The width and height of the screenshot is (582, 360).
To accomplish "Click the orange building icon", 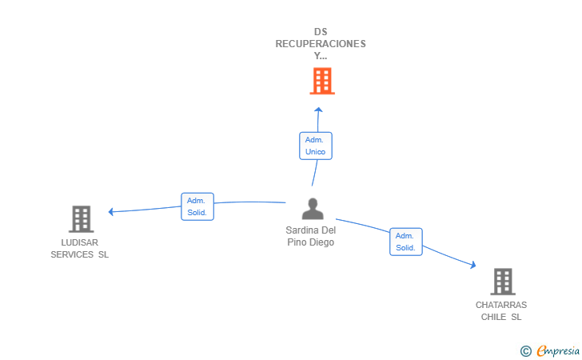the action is pyautogui.click(x=322, y=81).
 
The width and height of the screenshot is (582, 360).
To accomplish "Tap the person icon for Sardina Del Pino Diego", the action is pyautogui.click(x=313, y=209).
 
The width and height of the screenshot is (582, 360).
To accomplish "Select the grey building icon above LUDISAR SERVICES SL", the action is pyautogui.click(x=82, y=219).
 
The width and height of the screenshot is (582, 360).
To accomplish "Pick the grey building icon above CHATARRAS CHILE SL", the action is pyautogui.click(x=503, y=282).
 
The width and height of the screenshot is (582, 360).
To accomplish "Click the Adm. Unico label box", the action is pyautogui.click(x=316, y=146).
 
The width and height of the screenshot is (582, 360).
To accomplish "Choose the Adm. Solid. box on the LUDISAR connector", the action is pyautogui.click(x=197, y=206).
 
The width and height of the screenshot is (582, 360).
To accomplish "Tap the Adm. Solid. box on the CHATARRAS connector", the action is pyautogui.click(x=406, y=242).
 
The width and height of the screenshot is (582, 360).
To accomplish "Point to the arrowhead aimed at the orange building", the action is pyautogui.click(x=318, y=110).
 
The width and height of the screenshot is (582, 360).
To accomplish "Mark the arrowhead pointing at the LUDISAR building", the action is pyautogui.click(x=110, y=212).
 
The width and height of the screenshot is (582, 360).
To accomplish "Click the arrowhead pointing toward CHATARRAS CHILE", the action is pyautogui.click(x=473, y=265).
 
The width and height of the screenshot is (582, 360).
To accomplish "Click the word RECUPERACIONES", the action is pyautogui.click(x=321, y=44).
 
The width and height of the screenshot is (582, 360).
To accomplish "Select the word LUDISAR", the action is pyautogui.click(x=80, y=242).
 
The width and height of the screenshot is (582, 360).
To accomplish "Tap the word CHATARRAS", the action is pyautogui.click(x=501, y=305).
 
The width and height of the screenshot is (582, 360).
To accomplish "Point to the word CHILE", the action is pyautogui.click(x=494, y=317).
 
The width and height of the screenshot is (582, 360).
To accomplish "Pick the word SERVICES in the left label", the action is pyautogui.click(x=72, y=254).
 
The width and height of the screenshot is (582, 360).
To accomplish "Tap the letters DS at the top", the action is pyautogui.click(x=321, y=32).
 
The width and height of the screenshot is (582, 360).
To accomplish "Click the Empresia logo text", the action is pyautogui.click(x=558, y=350).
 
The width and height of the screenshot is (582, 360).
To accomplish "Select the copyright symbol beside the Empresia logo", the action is pyautogui.click(x=526, y=351).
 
